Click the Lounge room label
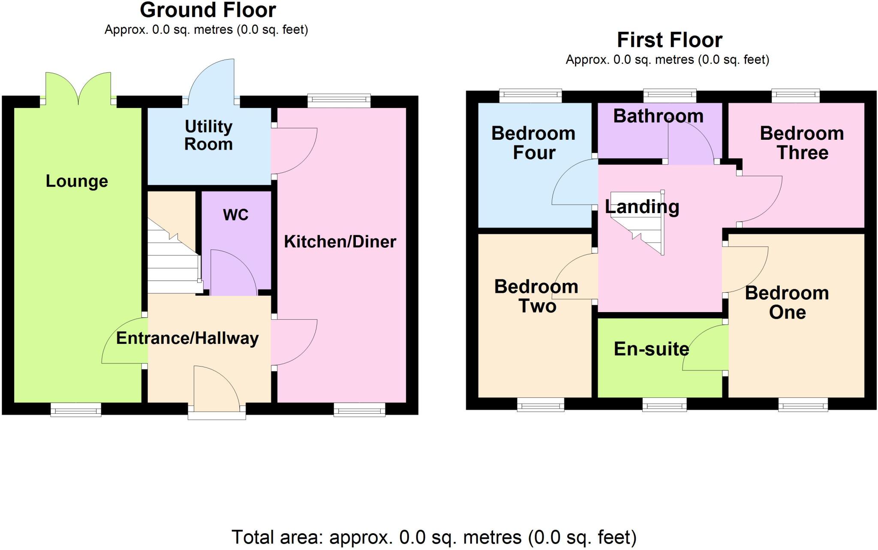pos(77,181)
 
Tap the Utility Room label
pos(208,135)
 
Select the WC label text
pos(235,215)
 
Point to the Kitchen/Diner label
pos(340,242)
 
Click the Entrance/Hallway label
pos(187,338)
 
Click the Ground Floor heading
pos(208,10)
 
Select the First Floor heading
pos(669,40)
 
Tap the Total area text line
pos(434,537)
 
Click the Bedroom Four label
pos(533,143)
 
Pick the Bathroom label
pos(658,116)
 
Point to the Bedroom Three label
pos(802,143)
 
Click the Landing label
pos(642,207)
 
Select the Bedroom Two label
pos(536,296)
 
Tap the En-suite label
pos(651,349)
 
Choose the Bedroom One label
pos(787,303)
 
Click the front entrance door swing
pos(216,386)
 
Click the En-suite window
pos(664,405)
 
